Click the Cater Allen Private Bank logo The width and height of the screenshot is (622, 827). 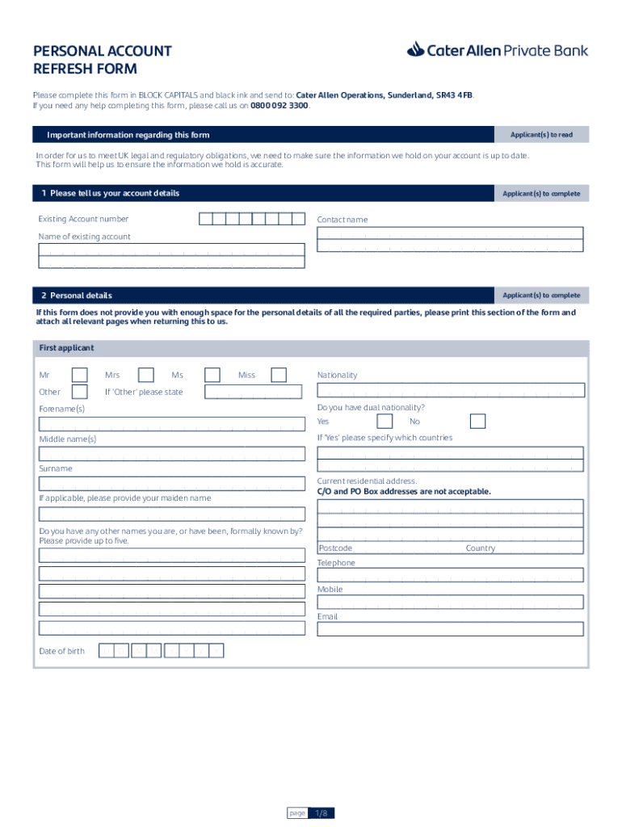pyautogui.click(x=498, y=50)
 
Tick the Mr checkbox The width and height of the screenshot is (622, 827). pyautogui.click(x=80, y=375)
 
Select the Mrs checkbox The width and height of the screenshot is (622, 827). pyautogui.click(x=146, y=375)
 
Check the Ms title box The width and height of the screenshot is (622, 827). pyautogui.click(x=212, y=375)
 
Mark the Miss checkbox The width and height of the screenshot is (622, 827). pyautogui.click(x=279, y=375)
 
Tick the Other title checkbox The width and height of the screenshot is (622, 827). pyautogui.click(x=80, y=392)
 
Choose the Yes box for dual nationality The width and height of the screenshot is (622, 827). pyautogui.click(x=385, y=422)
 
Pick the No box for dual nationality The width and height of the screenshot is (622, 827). pyautogui.click(x=478, y=422)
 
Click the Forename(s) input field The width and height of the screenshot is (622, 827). pyautogui.click(x=172, y=424)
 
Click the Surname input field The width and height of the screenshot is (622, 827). pyautogui.click(x=172, y=484)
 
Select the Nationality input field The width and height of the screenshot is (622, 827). pyautogui.click(x=450, y=391)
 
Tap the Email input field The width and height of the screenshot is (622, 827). pyautogui.click(x=450, y=629)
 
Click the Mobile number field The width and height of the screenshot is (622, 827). pyautogui.click(x=450, y=602)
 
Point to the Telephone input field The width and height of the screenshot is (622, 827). pyautogui.click(x=450, y=575)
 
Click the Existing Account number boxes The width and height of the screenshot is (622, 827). pyautogui.click(x=251, y=219)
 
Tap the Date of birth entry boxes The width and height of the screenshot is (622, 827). pyautogui.click(x=162, y=651)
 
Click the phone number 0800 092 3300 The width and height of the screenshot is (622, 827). pyautogui.click(x=279, y=106)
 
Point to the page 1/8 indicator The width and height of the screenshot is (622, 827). pyautogui.click(x=310, y=813)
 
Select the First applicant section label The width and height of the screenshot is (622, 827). pyautogui.click(x=66, y=348)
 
